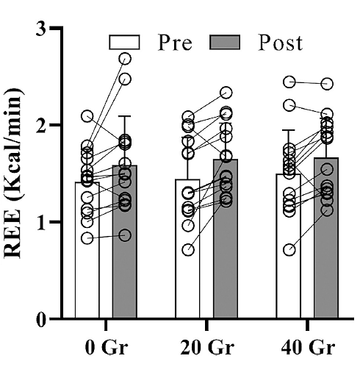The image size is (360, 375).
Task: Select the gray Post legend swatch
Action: [x=226, y=42]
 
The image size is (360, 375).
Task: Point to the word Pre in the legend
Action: [x=174, y=43]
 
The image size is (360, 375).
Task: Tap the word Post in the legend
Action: [x=280, y=43]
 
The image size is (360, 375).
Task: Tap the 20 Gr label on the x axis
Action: [x=206, y=345]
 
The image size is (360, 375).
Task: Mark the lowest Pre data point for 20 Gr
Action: [x=189, y=250]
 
